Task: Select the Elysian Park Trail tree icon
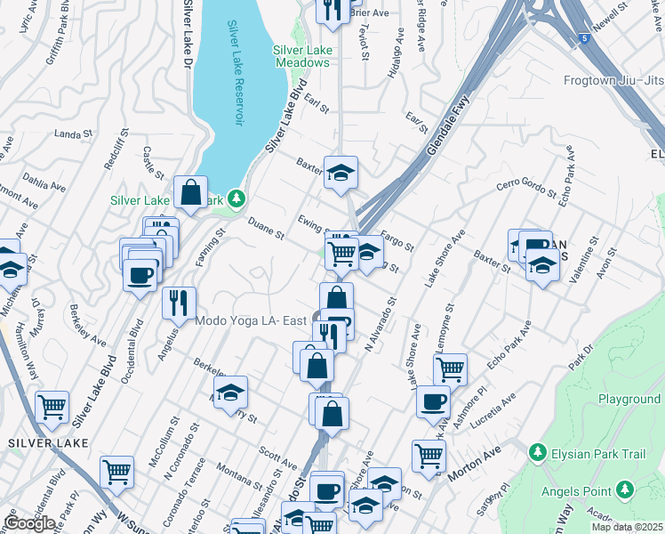pyautogui.click(x=536, y=453)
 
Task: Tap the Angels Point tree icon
pyautogui.click(x=625, y=490)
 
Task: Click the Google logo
pyautogui.click(x=29, y=523)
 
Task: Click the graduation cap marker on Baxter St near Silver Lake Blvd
pyautogui.click(x=340, y=173)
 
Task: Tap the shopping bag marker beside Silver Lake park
pyautogui.click(x=191, y=191)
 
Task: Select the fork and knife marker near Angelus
pyautogui.click(x=180, y=303)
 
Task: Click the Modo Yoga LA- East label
pyautogui.click(x=252, y=320)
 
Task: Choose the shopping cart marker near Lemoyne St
pyautogui.click(x=451, y=368)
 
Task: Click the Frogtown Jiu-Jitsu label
pyautogui.click(x=613, y=81)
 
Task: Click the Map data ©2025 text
pyautogui.click(x=627, y=527)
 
